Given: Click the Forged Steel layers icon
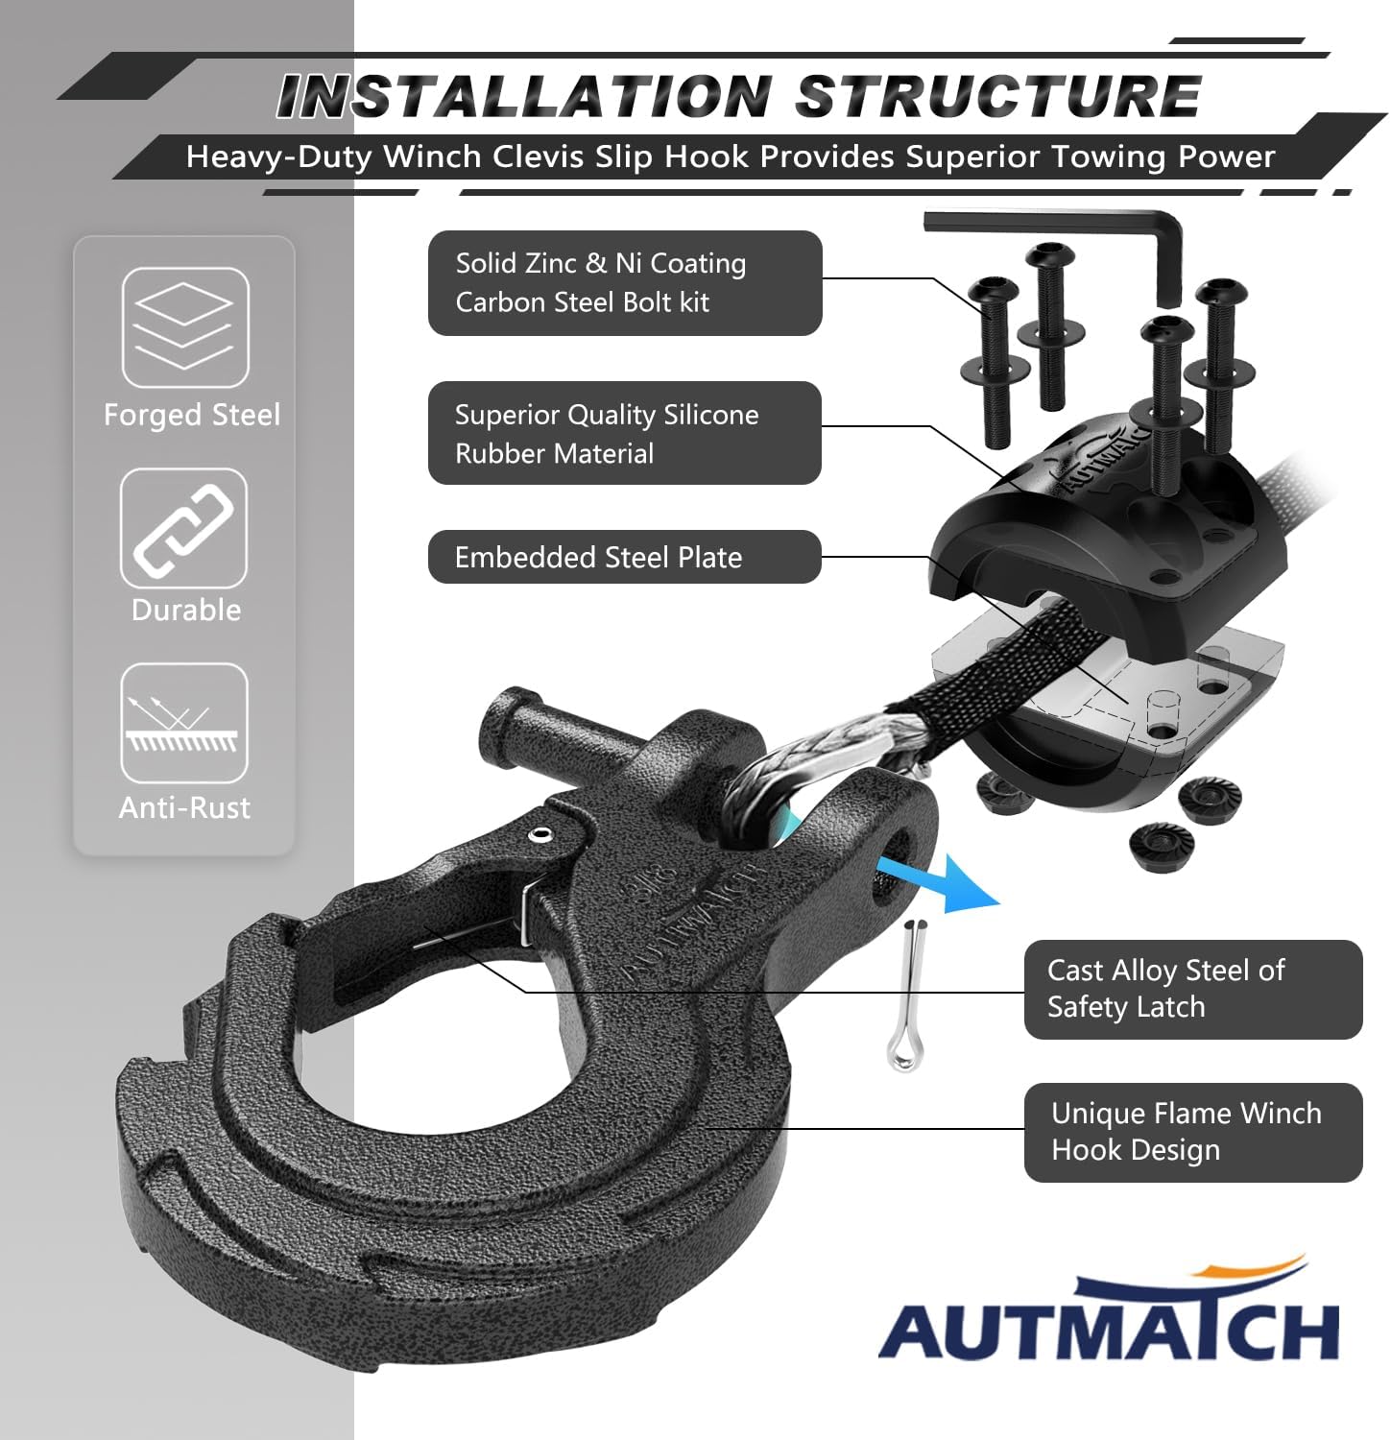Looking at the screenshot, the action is (185, 327).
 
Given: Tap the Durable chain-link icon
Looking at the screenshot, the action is (183, 528).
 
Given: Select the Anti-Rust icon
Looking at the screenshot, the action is (184, 723).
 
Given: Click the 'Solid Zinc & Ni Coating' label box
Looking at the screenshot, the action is (625, 283).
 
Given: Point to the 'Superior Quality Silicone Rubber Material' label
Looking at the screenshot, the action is (625, 433).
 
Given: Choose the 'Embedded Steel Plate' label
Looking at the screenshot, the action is (625, 557).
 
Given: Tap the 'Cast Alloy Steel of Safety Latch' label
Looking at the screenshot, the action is (1193, 989).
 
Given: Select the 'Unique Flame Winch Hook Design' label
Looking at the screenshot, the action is (1193, 1132).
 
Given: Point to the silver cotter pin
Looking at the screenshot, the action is (907, 996).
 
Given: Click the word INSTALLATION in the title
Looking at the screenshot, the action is (524, 96).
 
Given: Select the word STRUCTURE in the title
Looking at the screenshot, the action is (998, 96).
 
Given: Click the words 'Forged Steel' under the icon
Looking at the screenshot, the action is (192, 415).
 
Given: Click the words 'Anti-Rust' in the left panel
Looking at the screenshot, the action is (184, 807).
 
